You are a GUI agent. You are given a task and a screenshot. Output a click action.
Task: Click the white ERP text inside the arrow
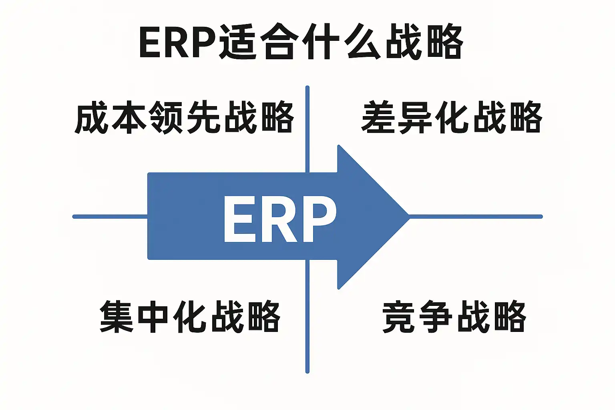pos(279,219)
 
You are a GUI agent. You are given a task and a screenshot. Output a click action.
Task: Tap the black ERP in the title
pos(177,42)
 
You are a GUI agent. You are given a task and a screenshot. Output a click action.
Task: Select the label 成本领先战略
pos(184,117)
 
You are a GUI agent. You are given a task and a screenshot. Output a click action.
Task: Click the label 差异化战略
pos(451,117)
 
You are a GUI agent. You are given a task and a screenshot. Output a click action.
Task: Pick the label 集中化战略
pos(190,316)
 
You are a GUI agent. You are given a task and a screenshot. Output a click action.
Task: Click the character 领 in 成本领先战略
pos(165,117)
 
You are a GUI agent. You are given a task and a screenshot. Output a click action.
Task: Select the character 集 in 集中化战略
pos(116,316)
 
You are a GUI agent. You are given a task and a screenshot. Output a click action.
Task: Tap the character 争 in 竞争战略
pos(436,316)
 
